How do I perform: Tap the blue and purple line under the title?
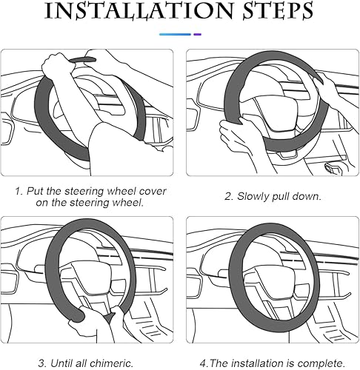[x=180, y=34]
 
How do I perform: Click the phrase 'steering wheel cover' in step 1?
[x=118, y=191]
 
